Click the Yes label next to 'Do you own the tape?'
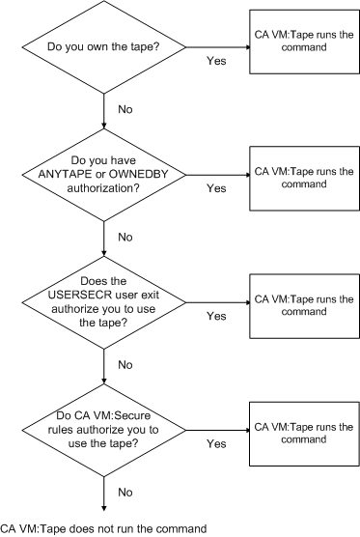click(x=217, y=60)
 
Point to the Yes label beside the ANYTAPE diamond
click(x=217, y=188)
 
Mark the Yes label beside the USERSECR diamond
click(x=217, y=315)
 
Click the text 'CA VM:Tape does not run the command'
click(x=103, y=527)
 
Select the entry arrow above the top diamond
click(x=102, y=7)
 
